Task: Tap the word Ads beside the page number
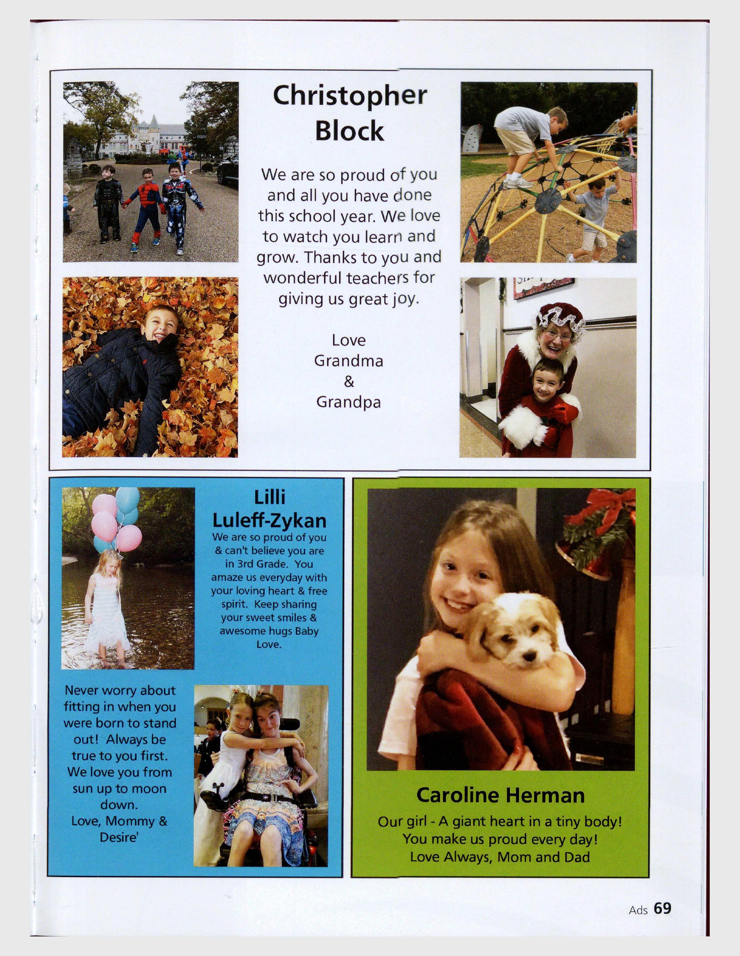tap(638, 910)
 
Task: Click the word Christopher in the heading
tap(349, 96)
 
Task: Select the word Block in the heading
tap(349, 130)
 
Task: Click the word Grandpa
tap(349, 402)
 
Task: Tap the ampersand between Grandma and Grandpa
tap(349, 382)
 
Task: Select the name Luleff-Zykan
tap(269, 521)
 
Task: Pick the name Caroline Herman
tap(500, 795)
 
